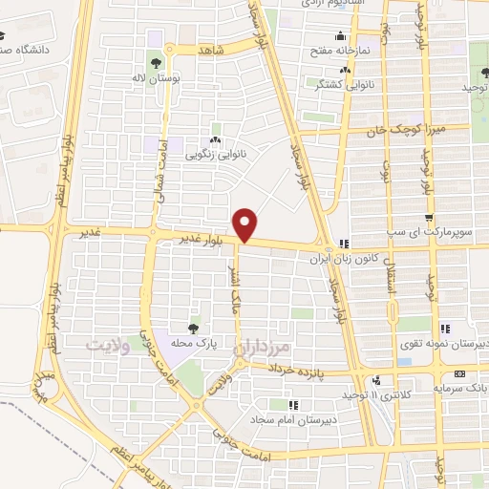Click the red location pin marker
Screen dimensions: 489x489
pos(246,223)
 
